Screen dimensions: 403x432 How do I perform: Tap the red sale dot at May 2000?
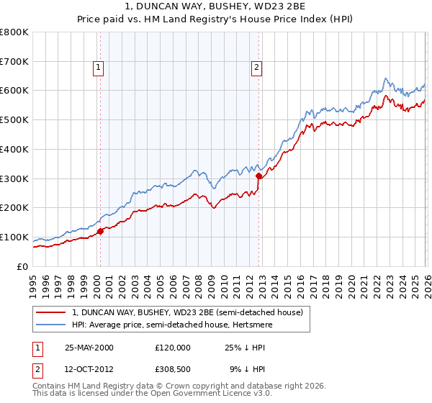(x=101, y=231)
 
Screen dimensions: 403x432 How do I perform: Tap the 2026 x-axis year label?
(x=426, y=281)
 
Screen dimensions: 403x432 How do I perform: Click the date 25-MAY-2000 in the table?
(x=89, y=347)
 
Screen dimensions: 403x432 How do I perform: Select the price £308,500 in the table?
(x=173, y=370)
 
